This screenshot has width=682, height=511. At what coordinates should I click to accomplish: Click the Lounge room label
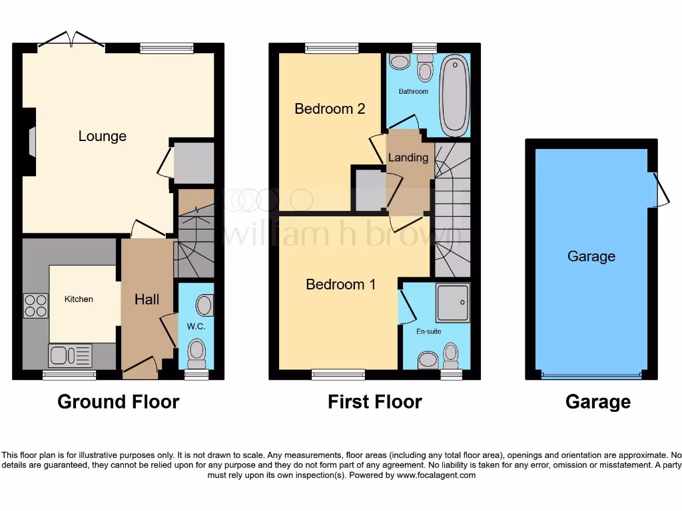pos(102,136)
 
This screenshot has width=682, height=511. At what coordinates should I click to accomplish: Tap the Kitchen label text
pos(79,299)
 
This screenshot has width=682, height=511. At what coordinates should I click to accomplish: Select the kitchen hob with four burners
pos(36,305)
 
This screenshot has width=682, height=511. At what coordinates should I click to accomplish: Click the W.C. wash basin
pos(204,305)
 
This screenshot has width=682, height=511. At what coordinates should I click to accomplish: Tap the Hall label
pos(147,299)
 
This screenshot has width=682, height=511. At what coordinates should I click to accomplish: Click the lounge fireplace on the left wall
pos(31,141)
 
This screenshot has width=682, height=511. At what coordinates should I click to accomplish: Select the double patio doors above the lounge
pos(71,39)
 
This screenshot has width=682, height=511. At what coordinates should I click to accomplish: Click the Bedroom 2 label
pos(330,108)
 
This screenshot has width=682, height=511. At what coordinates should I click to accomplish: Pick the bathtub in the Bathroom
pos(455,95)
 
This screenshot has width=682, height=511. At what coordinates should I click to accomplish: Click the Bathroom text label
pos(413,91)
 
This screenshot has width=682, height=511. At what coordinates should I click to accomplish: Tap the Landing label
pos(408,158)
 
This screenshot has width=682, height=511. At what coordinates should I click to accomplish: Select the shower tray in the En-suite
pos(453,303)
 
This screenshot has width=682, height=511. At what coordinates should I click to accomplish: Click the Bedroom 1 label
pos(340,285)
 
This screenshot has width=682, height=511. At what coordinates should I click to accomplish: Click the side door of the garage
pos(659,190)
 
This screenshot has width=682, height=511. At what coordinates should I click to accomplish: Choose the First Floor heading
pos(374,402)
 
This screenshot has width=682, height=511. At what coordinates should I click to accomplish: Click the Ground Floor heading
pos(118,402)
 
